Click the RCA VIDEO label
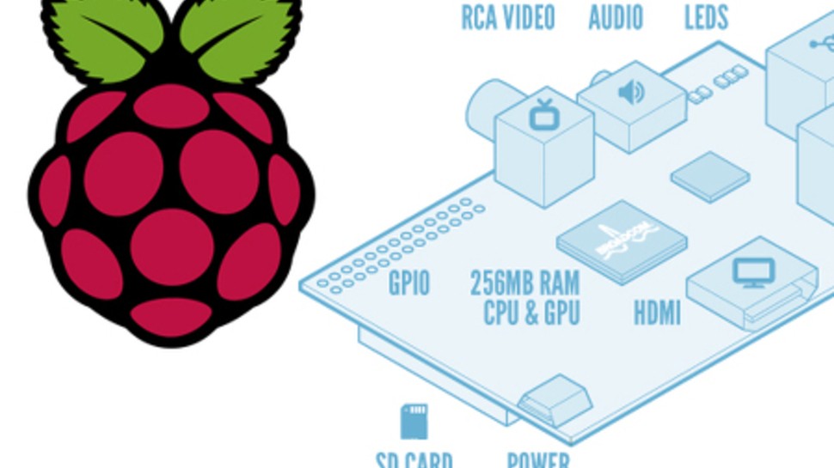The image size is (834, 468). [507, 17]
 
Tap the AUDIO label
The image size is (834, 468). [615, 17]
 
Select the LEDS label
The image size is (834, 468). [706, 17]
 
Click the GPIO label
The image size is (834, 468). [408, 283]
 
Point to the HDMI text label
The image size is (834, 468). [657, 313]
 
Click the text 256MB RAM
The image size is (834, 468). [524, 283]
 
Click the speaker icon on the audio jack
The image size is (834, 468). [630, 92]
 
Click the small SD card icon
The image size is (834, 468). [414, 422]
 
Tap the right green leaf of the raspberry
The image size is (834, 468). [236, 34]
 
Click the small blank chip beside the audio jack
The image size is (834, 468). [710, 176]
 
